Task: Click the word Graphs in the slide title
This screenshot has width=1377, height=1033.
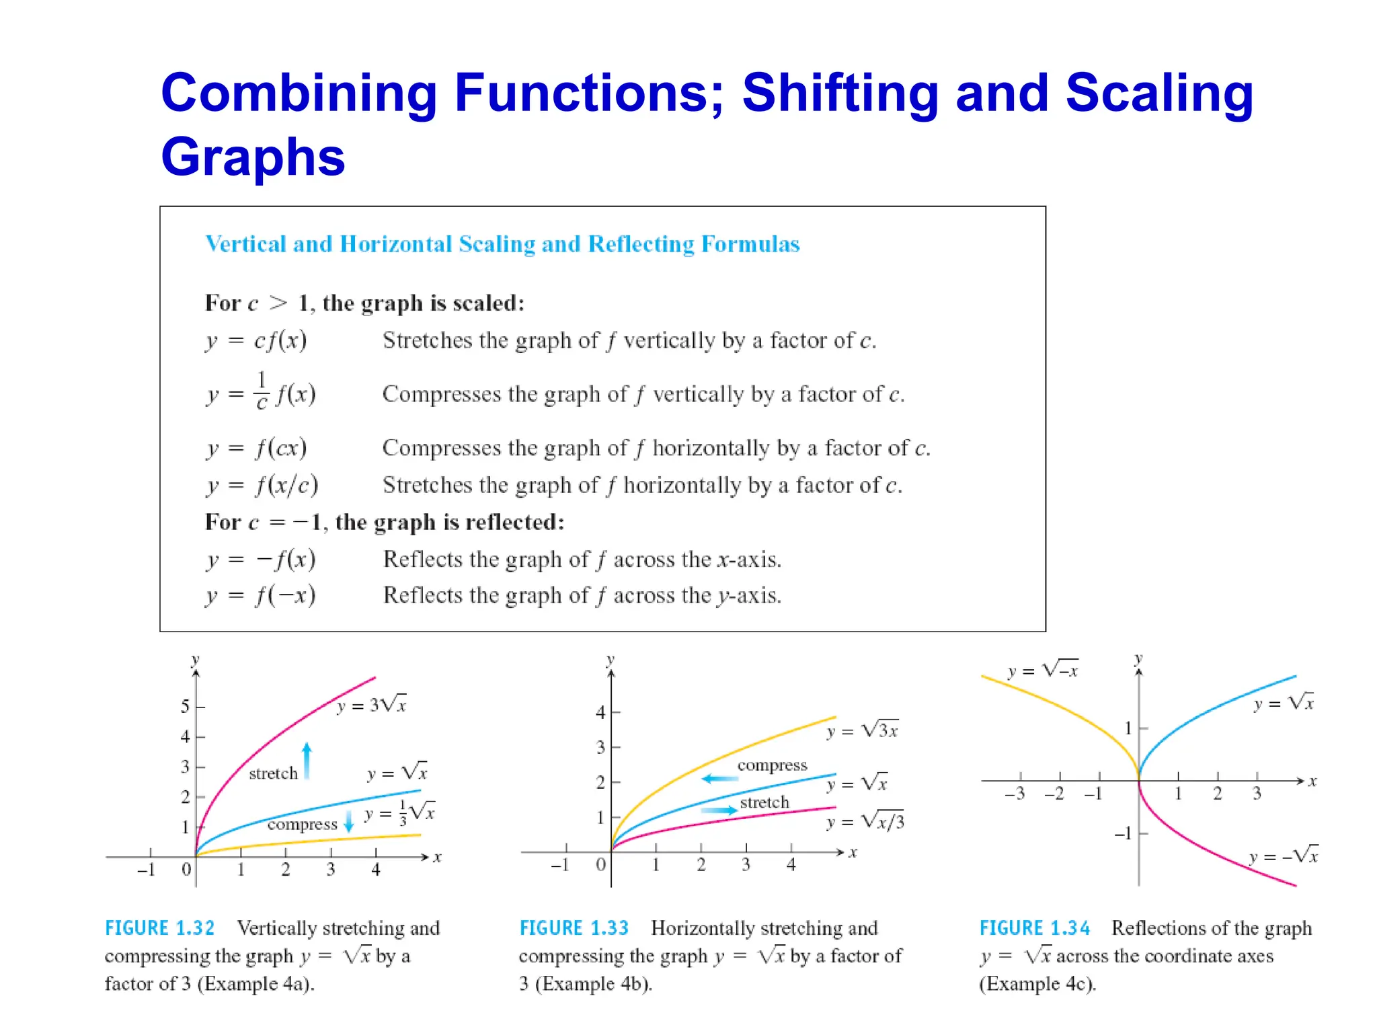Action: [x=253, y=157]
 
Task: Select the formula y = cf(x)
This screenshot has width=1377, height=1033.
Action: [x=256, y=341]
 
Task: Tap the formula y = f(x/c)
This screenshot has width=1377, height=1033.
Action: [x=262, y=486]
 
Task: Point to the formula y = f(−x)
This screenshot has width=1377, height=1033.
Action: [x=261, y=596]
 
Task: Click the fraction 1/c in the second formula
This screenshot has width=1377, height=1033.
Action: [x=262, y=391]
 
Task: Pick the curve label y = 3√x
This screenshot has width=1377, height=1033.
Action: [x=372, y=705]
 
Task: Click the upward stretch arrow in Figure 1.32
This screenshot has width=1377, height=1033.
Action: [x=307, y=760]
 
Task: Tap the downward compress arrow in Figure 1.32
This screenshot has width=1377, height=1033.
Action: [x=348, y=821]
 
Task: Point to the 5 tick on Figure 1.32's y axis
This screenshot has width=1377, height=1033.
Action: [x=186, y=707]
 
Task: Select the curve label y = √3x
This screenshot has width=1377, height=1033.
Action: [x=863, y=731]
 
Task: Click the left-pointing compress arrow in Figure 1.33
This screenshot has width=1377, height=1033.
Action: [x=719, y=779]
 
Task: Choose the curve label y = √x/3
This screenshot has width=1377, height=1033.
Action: [x=865, y=822]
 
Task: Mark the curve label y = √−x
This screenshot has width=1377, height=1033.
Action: [x=1043, y=671]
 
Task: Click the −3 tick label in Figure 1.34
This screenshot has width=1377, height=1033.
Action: [x=1015, y=794]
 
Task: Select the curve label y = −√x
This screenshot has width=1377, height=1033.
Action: [x=1284, y=856]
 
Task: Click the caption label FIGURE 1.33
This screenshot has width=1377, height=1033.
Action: [x=574, y=929]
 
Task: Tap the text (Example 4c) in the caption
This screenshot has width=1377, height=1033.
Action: [x=1037, y=985]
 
